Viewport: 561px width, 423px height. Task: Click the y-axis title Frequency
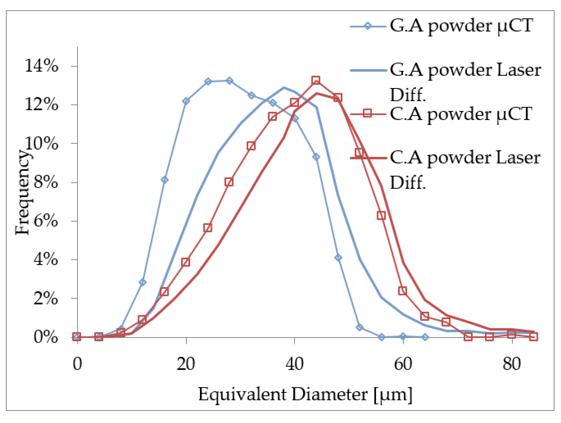coord(22,193)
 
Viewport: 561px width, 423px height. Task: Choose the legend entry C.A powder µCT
coord(461,114)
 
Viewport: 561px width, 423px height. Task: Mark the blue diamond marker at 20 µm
coord(186,101)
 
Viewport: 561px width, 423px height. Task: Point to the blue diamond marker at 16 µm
coord(164,180)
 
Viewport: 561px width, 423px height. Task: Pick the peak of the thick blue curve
coord(284,88)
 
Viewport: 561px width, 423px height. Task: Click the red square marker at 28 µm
coord(229,182)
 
